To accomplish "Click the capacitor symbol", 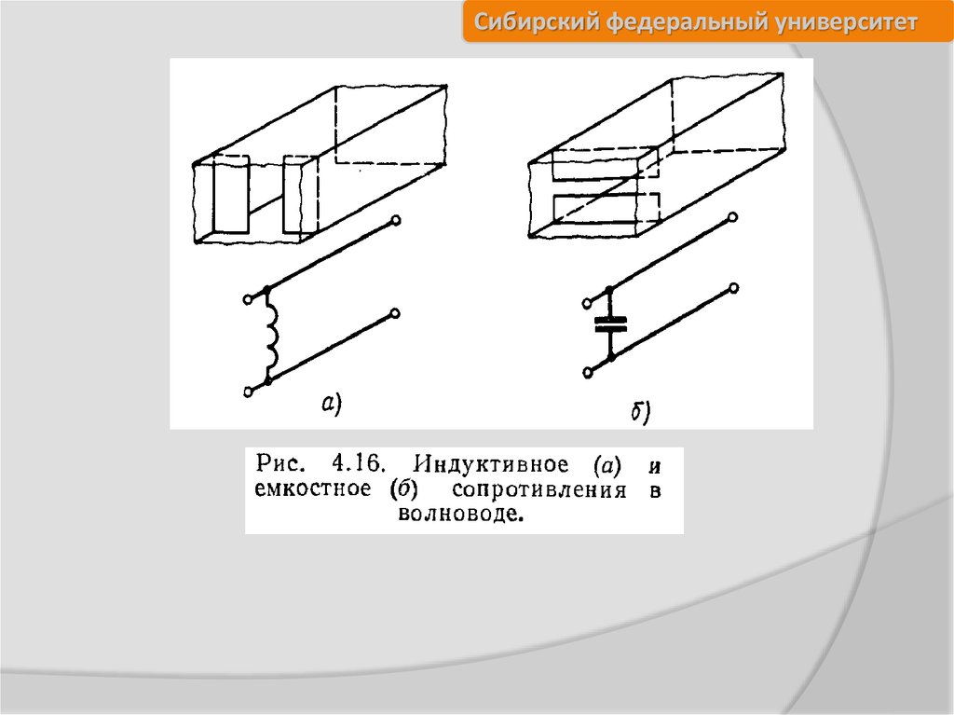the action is click(611, 323).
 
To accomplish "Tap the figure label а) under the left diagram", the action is click(332, 404).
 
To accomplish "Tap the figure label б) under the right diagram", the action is click(640, 412).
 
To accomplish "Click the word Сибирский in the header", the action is click(538, 22).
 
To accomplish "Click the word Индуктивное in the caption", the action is click(490, 465).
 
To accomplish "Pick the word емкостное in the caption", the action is click(313, 489).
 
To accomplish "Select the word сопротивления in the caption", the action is click(539, 490).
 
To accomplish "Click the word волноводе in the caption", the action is click(460, 514).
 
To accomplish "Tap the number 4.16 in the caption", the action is click(359, 464).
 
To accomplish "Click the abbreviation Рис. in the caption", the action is click(279, 463).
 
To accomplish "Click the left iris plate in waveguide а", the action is click(231, 194).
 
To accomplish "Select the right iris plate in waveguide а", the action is click(300, 194).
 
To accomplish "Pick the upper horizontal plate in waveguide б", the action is click(605, 163).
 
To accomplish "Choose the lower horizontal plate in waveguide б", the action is click(606, 208).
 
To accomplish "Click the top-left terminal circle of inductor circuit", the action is click(248, 299).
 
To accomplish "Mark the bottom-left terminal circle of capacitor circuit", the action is click(588, 373).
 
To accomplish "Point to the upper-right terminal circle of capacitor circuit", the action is click(733, 217).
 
